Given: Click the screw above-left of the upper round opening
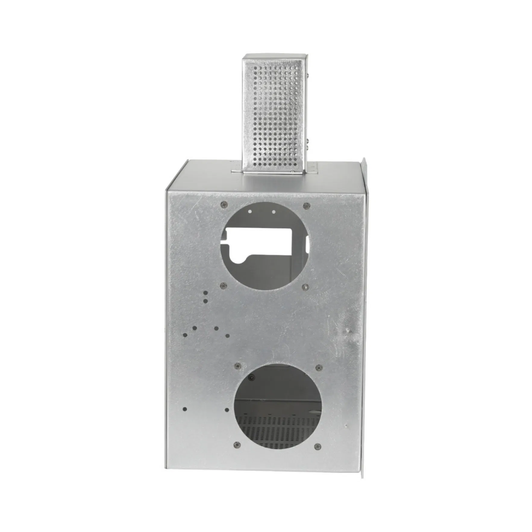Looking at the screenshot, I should tap(223, 205).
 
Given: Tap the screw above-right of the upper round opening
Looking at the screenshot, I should tap(306, 206).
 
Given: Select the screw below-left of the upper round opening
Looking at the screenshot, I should tap(223, 285).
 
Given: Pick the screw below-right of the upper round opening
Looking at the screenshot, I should tap(305, 286).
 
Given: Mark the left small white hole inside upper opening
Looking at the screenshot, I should tap(250, 212).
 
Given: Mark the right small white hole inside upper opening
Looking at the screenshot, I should tap(274, 212).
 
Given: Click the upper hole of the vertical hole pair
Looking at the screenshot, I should tap(205, 293).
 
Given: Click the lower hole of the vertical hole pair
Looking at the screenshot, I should tap(205, 301).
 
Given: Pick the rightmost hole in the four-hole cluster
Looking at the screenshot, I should tap(227, 336).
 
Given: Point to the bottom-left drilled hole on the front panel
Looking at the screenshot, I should tap(185, 409).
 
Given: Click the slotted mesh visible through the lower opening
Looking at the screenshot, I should tap(277, 428).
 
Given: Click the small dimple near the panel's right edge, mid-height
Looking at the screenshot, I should tap(348, 331).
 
